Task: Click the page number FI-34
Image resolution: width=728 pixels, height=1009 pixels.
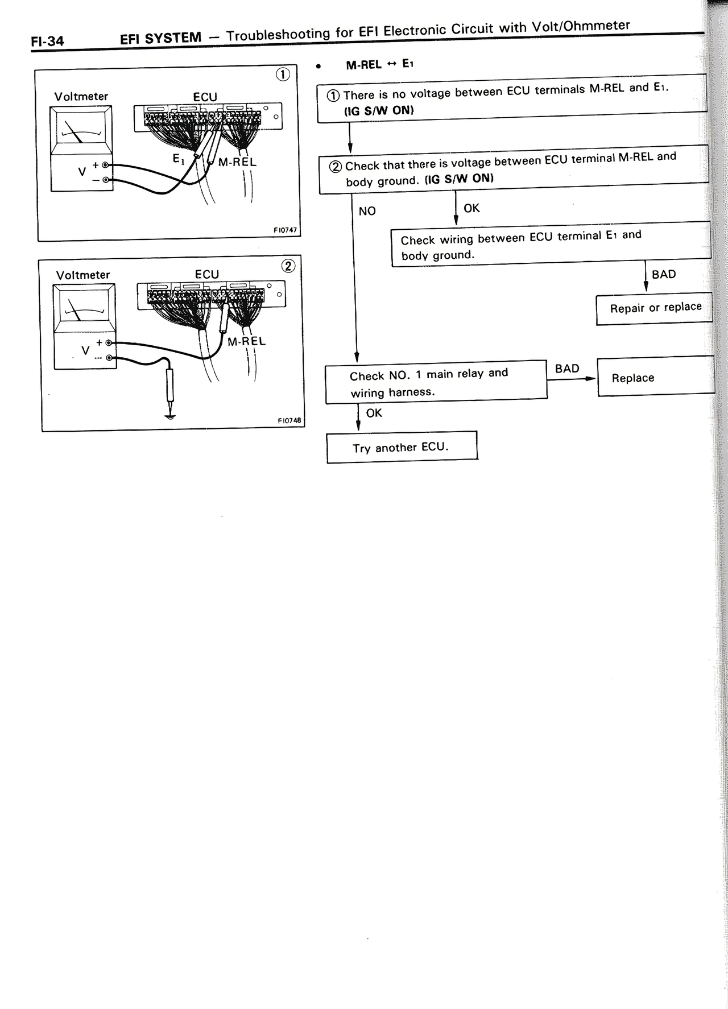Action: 47,41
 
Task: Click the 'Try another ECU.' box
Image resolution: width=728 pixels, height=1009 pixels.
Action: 402,447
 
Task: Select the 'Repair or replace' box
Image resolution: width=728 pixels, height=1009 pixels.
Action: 655,308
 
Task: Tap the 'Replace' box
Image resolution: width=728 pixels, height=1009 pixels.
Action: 655,377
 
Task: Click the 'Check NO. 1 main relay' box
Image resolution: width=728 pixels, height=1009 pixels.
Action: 436,382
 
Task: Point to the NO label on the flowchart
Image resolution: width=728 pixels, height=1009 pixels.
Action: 367,211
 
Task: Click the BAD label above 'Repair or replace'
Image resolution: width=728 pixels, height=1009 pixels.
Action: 663,274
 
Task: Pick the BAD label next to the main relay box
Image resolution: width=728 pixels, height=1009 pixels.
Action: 566,369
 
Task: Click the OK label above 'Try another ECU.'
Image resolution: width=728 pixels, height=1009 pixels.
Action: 374,413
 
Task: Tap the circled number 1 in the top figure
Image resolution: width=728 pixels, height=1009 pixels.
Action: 283,75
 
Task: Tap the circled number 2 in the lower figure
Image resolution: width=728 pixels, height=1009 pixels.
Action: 288,266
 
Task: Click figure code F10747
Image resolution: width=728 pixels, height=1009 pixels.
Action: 285,230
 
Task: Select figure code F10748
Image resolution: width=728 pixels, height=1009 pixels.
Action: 289,421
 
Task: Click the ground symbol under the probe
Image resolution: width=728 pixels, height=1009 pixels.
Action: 169,416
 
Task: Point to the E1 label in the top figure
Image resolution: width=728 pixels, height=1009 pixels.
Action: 179,160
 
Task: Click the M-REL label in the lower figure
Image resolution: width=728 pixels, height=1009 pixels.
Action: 246,341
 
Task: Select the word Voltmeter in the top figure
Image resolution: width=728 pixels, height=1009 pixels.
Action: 81,96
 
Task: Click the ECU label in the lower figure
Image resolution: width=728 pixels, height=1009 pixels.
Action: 206,274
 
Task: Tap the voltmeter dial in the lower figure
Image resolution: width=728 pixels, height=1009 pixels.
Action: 84,311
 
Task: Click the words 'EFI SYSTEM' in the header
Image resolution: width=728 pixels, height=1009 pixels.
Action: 161,39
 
